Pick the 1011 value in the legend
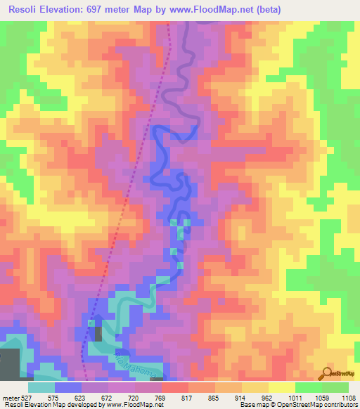(296, 398)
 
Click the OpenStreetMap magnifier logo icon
(328, 373)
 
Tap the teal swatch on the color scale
(41, 387)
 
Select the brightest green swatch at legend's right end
(335, 387)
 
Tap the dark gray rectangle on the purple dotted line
(98, 333)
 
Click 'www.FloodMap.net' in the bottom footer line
(127, 405)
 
